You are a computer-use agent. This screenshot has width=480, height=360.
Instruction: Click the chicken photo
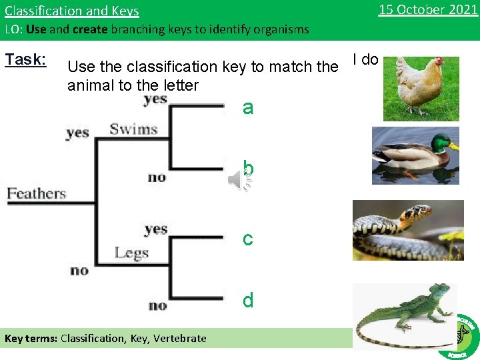click(421, 88)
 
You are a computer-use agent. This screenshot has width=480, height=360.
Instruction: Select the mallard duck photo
click(415, 155)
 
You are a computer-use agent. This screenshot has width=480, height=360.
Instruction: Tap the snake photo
click(407, 230)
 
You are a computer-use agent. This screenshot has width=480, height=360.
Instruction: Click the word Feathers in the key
click(37, 194)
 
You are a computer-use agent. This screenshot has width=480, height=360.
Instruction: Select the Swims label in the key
click(133, 129)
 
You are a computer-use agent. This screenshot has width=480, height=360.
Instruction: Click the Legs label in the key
click(131, 253)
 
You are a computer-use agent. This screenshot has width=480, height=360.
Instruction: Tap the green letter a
click(248, 107)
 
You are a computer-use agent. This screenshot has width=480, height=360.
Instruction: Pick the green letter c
click(248, 238)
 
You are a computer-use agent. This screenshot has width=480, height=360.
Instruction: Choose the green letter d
click(248, 301)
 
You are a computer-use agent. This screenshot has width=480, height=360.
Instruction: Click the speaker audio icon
click(239, 179)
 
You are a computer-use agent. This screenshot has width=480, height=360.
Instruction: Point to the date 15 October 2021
click(428, 9)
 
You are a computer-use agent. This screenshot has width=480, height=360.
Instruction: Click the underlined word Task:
click(25, 59)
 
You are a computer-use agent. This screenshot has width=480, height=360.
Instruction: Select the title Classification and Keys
click(72, 11)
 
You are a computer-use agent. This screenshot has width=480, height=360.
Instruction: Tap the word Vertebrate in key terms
click(179, 338)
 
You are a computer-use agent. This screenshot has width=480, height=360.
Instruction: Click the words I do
click(365, 59)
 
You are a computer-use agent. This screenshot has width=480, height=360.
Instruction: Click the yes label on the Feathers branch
click(77, 132)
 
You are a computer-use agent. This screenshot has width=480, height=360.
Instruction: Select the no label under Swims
click(157, 177)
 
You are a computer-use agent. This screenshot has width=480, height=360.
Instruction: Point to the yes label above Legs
click(155, 229)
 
